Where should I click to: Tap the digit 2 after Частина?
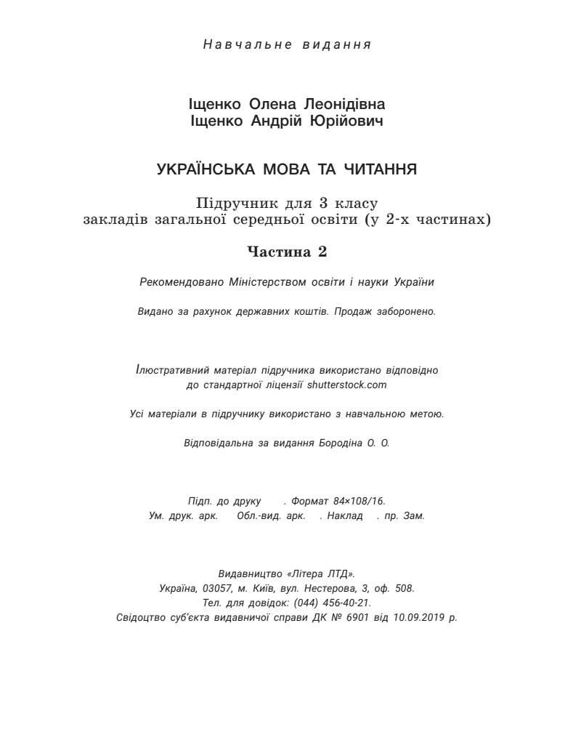[322, 252]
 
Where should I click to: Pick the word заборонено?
[407, 311]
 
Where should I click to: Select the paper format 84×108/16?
[359, 501]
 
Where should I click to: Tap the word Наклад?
[345, 515]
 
